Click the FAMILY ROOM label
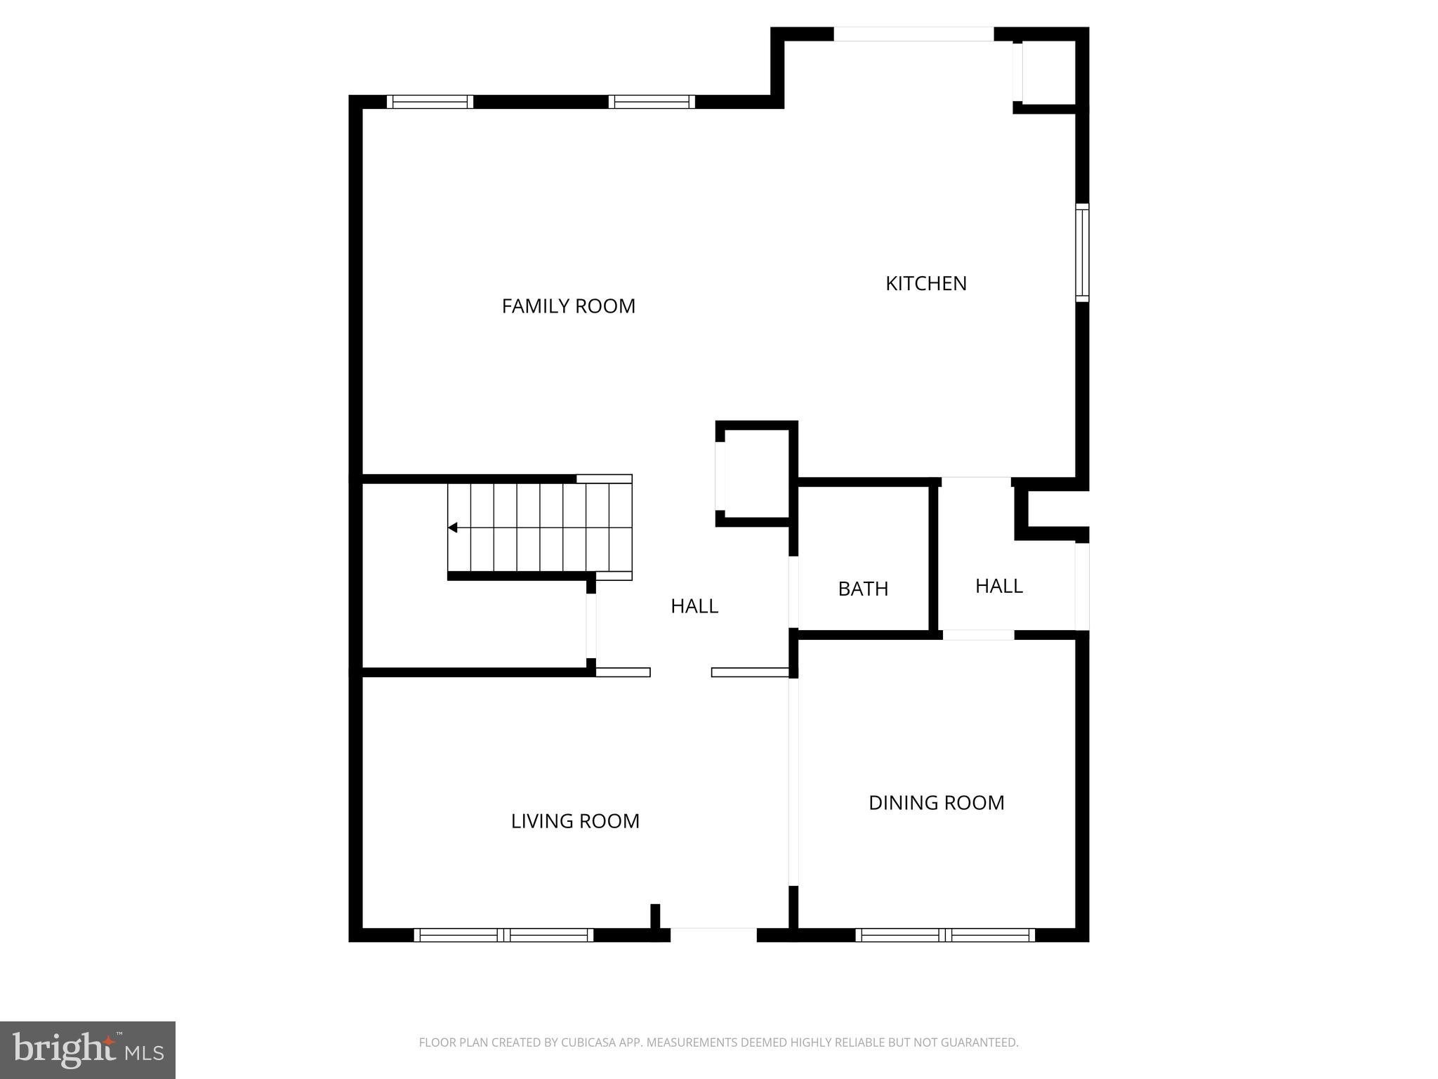point(568,306)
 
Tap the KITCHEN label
point(925,283)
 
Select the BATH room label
point(863,589)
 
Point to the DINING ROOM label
point(936,802)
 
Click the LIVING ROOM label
point(574,820)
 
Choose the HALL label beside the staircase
point(694,606)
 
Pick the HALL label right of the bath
point(998,586)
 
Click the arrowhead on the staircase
point(453,528)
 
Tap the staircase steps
point(541,528)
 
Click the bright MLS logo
point(88,1050)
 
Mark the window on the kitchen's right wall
point(1082,253)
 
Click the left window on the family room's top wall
point(430,102)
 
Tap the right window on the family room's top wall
point(652,102)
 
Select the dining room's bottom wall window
point(944,935)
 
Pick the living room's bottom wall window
point(503,935)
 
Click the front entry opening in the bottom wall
point(713,934)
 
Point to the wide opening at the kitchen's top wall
point(913,34)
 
